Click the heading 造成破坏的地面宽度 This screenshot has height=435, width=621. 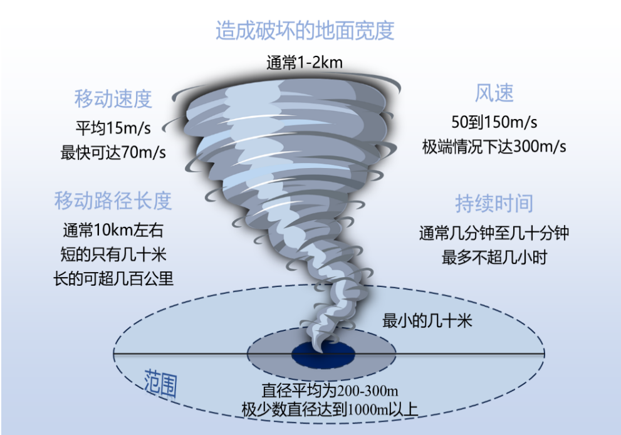click(x=305, y=31)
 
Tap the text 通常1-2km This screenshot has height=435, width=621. click(x=304, y=63)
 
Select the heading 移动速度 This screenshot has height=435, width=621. click(x=113, y=98)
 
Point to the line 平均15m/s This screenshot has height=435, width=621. click(x=113, y=128)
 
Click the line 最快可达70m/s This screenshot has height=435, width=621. click(x=113, y=152)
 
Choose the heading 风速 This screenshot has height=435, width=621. click(x=494, y=93)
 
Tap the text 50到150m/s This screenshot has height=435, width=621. click(x=494, y=122)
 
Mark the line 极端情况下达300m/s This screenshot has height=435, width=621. click(x=494, y=147)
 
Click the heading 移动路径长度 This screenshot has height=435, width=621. click(x=113, y=201)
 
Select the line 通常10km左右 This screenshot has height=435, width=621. click(x=113, y=230)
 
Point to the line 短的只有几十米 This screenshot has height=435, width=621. click(x=113, y=254)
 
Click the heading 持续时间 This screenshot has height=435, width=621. click(x=494, y=204)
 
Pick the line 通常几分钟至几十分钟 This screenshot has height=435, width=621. click(x=494, y=233)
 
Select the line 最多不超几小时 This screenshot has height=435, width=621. click(x=494, y=258)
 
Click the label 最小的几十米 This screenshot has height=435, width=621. click(x=427, y=320)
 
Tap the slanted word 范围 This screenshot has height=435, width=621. click(x=160, y=384)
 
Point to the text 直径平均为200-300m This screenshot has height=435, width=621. click(x=330, y=390)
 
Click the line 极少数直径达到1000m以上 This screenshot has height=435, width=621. click(x=330, y=409)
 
